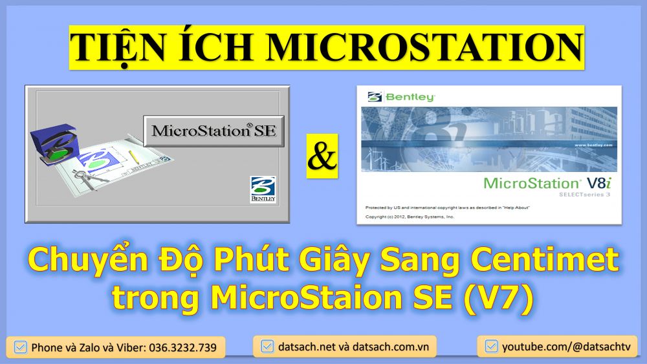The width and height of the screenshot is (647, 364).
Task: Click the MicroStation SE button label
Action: click(214, 131)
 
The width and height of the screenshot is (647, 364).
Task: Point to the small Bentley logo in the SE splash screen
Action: click(263, 190)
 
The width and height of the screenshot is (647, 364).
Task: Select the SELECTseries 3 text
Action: click(582, 194)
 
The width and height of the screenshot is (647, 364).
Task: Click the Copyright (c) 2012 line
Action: click(410, 217)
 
